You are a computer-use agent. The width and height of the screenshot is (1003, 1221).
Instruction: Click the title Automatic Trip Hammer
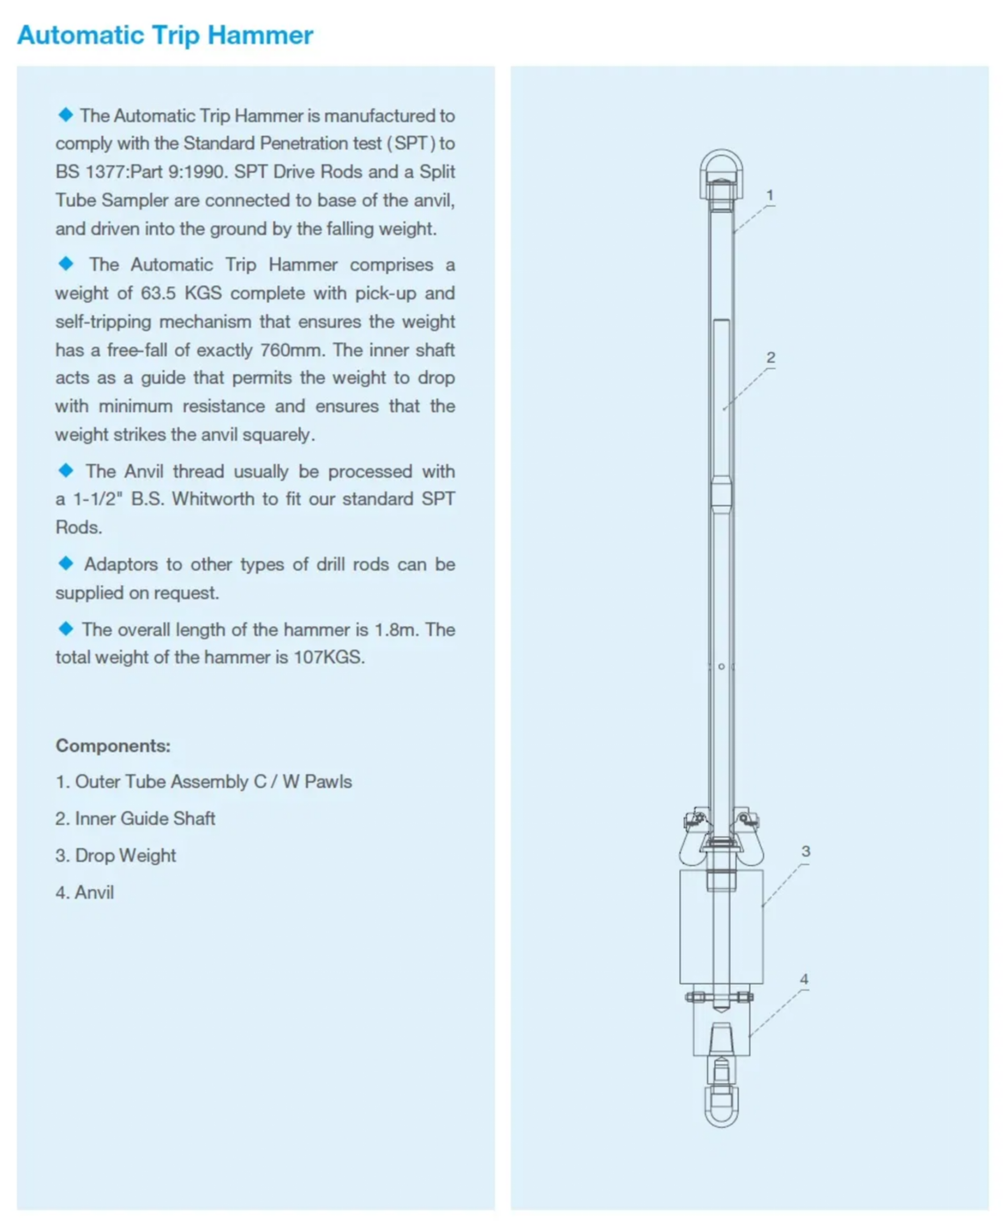point(165,35)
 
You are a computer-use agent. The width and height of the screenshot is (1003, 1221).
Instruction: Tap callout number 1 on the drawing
point(769,195)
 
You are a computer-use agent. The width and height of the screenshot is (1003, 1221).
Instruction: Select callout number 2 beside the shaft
point(770,357)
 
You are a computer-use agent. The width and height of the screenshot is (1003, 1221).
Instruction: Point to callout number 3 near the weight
point(805,851)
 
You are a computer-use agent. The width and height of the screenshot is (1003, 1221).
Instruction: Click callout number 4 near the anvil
point(804,979)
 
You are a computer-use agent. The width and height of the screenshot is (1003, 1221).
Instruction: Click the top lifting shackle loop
point(721,164)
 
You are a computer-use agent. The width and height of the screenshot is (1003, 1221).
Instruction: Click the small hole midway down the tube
point(721,666)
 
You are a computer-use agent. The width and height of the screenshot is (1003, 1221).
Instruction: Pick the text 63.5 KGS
point(181,293)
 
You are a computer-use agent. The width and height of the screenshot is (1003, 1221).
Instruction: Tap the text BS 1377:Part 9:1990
point(139,172)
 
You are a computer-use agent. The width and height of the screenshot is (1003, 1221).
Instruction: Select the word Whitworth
point(213,499)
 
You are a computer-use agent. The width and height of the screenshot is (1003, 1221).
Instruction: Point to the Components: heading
point(113,745)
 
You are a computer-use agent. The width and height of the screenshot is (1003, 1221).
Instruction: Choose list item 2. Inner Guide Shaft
point(135,818)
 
